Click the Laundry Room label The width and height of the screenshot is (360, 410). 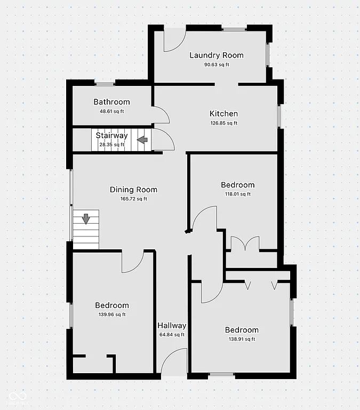[217, 55]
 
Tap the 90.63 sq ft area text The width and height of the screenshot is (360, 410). [217, 65]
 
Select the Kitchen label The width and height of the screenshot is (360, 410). [223, 114]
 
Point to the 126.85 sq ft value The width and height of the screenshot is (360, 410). [224, 123]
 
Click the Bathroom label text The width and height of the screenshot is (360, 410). [111, 102]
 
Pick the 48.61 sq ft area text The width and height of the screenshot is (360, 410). [111, 111]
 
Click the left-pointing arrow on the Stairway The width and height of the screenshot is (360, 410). [142, 140]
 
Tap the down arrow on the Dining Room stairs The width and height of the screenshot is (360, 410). [86, 218]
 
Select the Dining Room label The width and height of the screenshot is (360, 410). [133, 190]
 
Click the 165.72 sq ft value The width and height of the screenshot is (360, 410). [133, 199]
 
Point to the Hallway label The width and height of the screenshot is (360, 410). [172, 326]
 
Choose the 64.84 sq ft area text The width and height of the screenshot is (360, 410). [172, 335]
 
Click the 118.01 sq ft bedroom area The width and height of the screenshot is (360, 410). [238, 194]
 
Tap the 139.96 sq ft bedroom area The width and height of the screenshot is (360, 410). [112, 315]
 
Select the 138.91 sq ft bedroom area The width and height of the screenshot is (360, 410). [242, 339]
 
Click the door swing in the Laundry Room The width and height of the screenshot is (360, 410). [173, 41]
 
